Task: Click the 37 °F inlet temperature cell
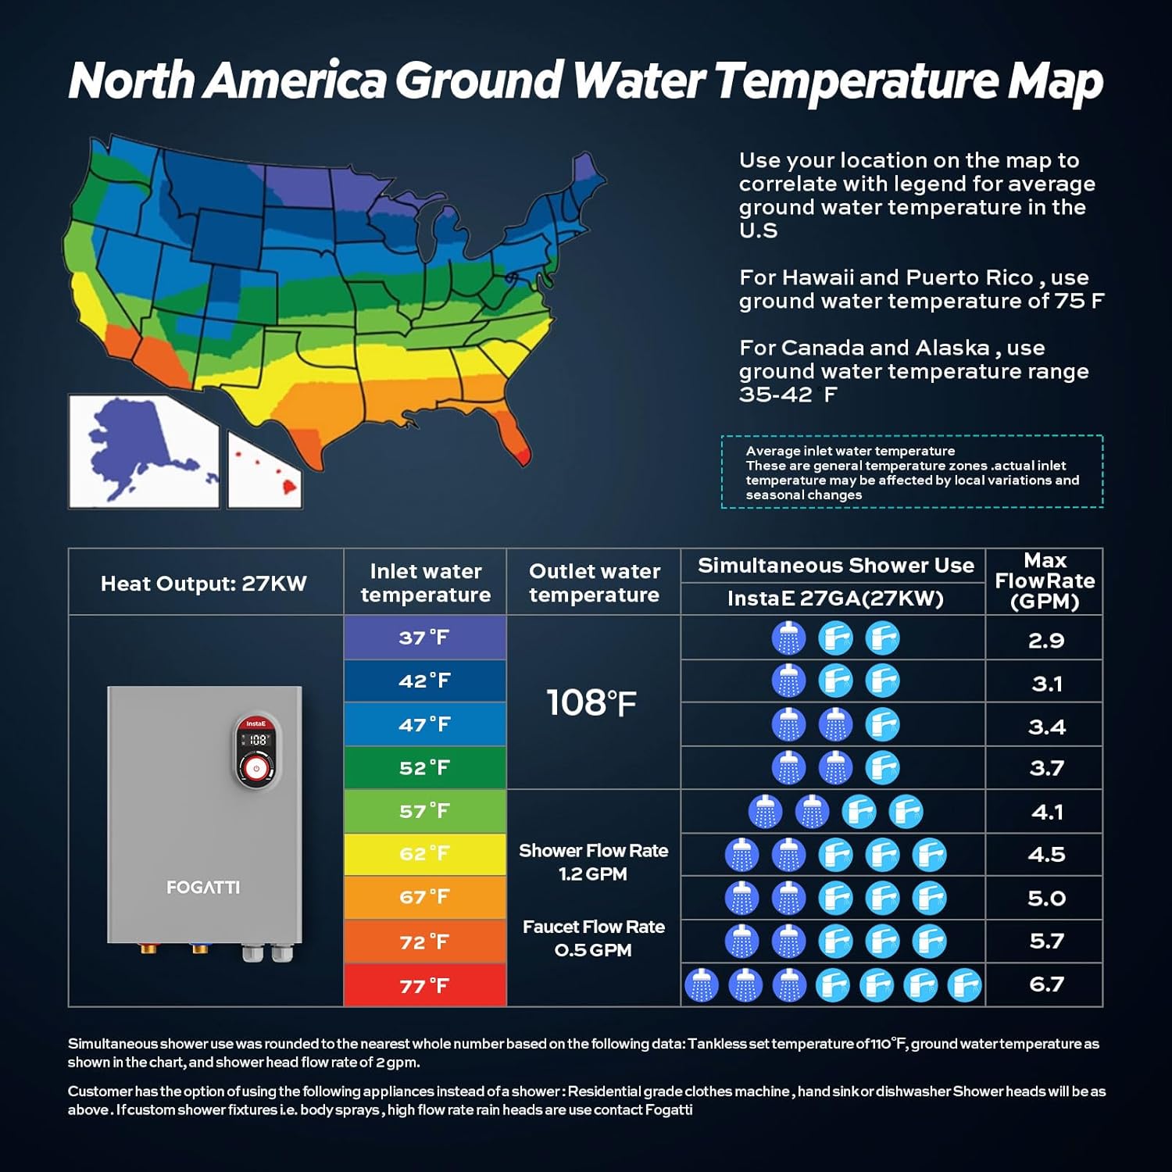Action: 424,638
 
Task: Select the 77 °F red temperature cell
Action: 424,985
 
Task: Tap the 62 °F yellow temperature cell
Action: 424,854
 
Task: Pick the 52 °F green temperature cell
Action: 424,768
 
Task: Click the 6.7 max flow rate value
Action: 1046,984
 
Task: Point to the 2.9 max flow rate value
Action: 1046,641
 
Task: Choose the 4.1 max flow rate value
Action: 1046,813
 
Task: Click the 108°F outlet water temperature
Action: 591,702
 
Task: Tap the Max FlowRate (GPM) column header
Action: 1045,581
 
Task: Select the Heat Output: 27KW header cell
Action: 204,584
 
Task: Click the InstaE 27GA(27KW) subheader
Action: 835,599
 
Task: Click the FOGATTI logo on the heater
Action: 203,888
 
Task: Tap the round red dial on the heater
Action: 256,769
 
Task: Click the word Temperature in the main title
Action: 856,80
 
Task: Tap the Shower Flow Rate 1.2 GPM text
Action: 593,862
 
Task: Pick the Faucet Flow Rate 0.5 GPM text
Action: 593,938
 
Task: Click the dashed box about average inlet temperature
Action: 912,472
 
